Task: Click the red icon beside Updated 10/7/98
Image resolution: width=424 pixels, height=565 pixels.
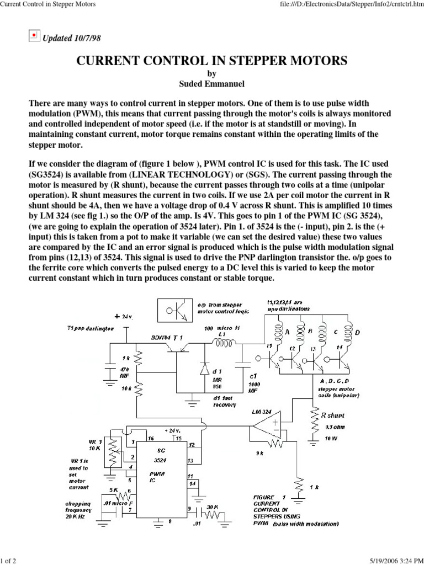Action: pyautogui.click(x=34, y=36)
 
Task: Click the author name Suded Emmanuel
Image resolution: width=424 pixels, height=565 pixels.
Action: pyautogui.click(x=211, y=84)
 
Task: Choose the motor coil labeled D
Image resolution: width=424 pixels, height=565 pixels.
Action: pyautogui.click(x=349, y=332)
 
